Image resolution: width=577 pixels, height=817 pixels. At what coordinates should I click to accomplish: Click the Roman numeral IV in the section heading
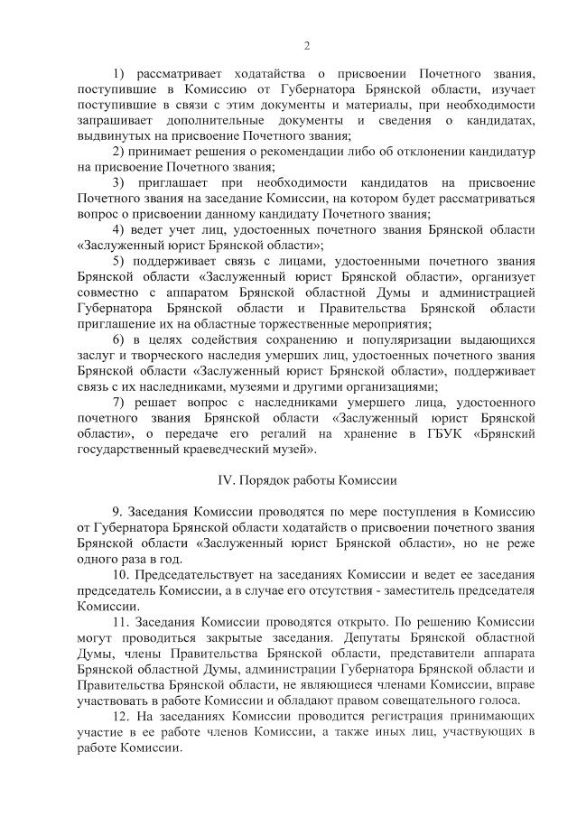point(228,479)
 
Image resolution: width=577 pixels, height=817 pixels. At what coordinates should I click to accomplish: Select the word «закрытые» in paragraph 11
point(225,637)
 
